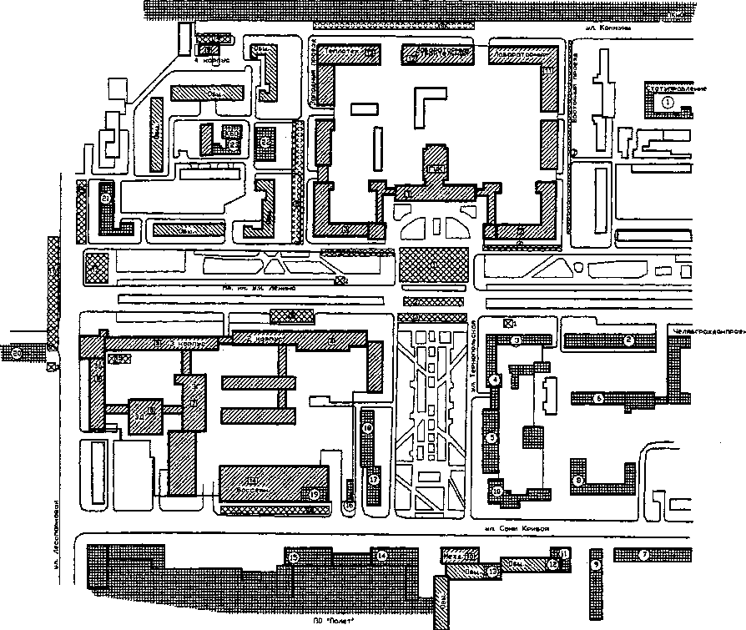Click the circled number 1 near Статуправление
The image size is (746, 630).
pos(668,101)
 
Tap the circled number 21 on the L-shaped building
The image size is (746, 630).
pos(105,199)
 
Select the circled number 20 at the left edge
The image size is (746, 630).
pos(17,352)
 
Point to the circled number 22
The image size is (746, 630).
pos(265,142)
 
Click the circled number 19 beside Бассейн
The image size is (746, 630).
pos(314,494)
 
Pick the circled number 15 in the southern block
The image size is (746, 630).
pos(294,557)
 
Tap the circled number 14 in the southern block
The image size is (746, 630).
pos(381,555)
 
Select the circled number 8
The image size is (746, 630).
pos(578,481)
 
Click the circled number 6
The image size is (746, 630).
pos(599,399)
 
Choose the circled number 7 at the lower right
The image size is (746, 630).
pos(643,554)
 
